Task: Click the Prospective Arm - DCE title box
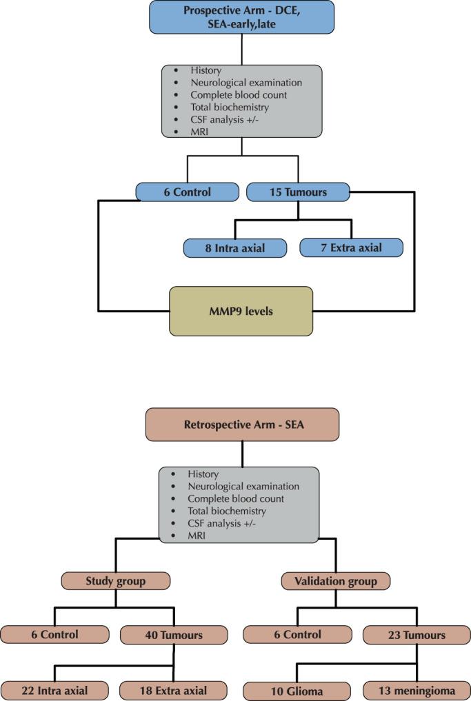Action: (x=241, y=17)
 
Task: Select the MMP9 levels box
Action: (x=241, y=311)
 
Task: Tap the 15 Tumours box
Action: (x=298, y=192)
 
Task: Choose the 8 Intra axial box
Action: (x=234, y=247)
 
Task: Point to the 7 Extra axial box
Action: (x=351, y=247)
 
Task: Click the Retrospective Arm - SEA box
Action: (x=242, y=424)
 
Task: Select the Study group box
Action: (x=116, y=581)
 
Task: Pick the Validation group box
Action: (x=336, y=581)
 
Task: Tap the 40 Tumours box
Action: (x=174, y=635)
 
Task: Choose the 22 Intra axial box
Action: (x=54, y=689)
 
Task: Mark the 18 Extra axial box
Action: (x=173, y=689)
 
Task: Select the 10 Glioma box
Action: (x=297, y=689)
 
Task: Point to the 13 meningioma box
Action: (x=417, y=689)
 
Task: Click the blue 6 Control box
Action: (x=187, y=192)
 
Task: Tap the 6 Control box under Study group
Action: (x=54, y=635)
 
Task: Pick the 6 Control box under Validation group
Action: (x=297, y=635)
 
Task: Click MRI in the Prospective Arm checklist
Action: (x=200, y=132)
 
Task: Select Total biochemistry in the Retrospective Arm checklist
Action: (x=226, y=511)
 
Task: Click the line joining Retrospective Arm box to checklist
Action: (x=242, y=454)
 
